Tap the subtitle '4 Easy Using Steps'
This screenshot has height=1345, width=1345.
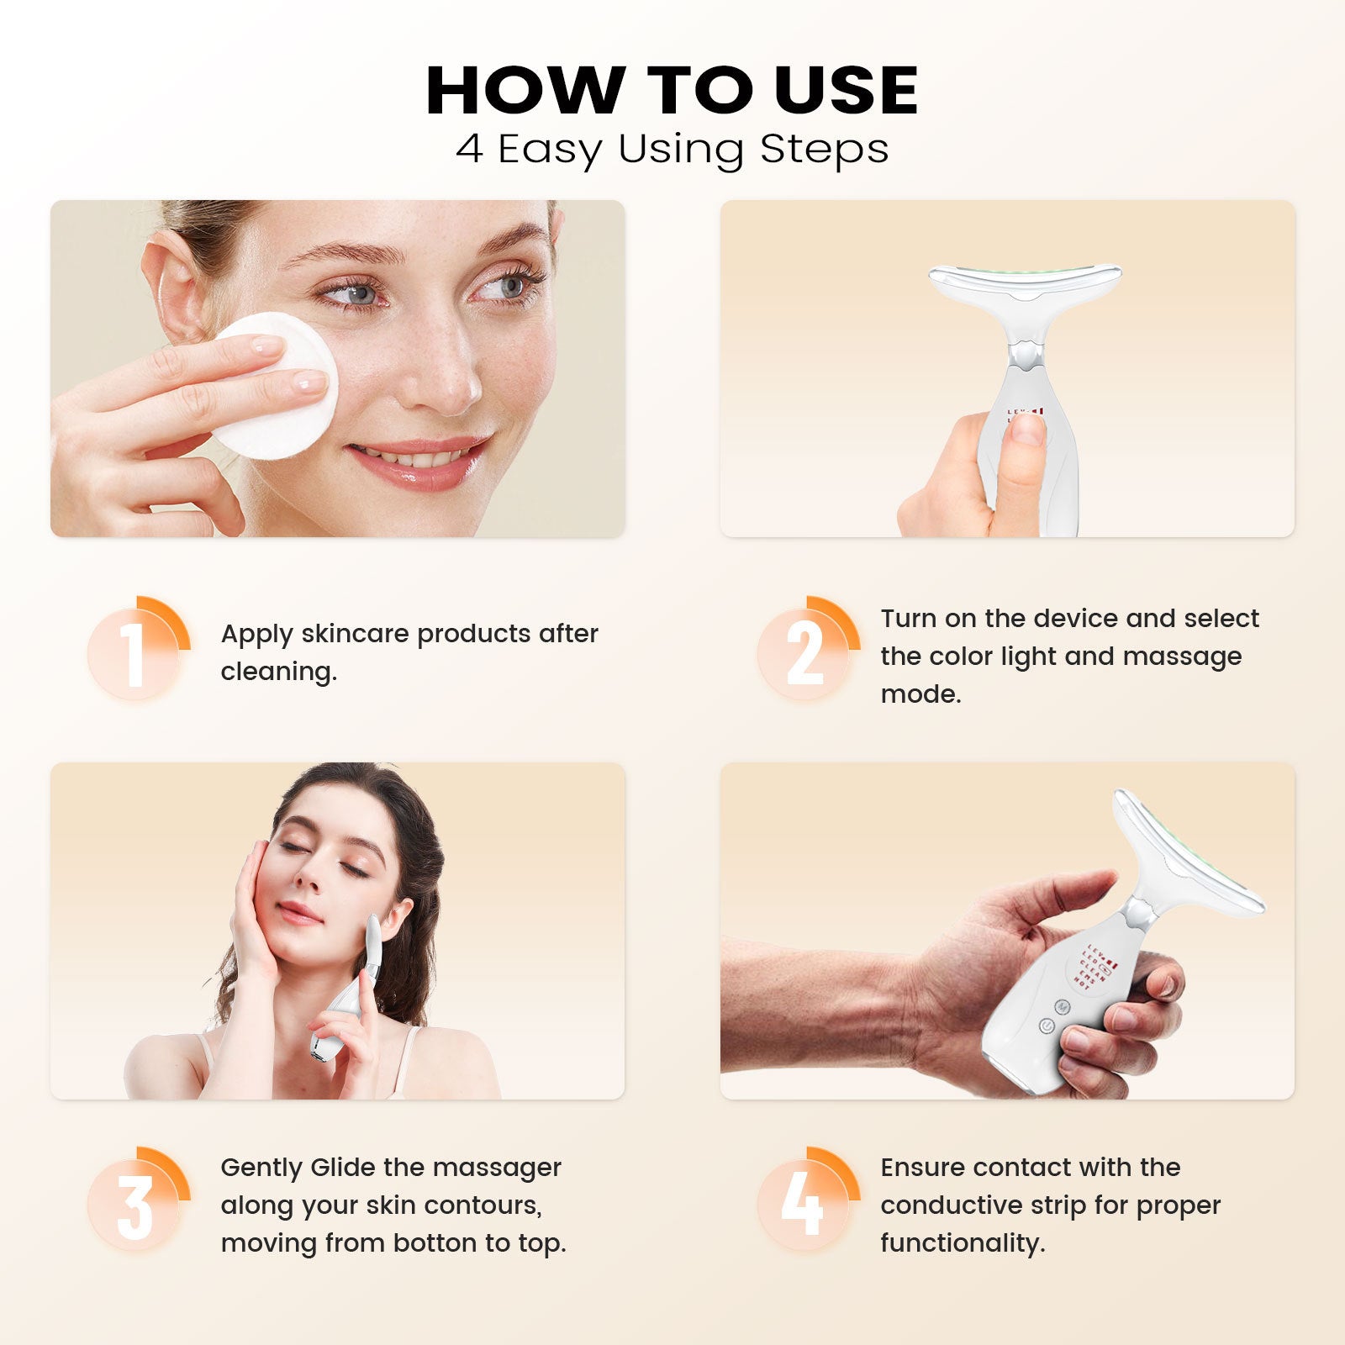[672, 150]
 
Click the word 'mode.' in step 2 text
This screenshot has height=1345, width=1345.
[920, 694]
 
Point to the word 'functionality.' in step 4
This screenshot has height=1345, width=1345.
[963, 1243]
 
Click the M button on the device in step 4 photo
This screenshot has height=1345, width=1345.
[1062, 1006]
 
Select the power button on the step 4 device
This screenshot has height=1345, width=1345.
[1047, 1026]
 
